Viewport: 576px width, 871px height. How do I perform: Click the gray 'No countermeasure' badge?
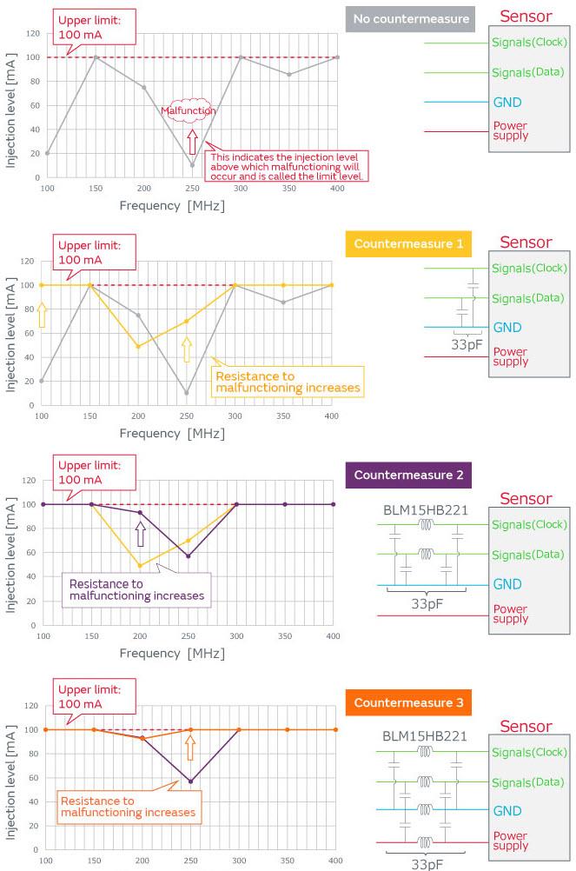[408, 19]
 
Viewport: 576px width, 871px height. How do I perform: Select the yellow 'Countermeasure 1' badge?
[408, 243]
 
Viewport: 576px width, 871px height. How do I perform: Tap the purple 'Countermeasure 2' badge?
[408, 475]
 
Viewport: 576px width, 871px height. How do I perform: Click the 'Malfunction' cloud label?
[188, 110]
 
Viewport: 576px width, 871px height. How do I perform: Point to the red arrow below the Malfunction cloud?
[192, 142]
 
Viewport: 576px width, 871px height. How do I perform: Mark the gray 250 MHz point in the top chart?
[193, 165]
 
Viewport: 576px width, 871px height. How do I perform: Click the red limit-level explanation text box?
[285, 166]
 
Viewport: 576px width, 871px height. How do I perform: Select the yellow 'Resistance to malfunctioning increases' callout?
[288, 382]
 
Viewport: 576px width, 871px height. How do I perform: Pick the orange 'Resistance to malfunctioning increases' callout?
[128, 807]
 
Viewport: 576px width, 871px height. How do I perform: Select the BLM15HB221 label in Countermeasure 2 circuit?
[426, 509]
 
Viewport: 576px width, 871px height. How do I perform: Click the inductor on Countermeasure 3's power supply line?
[426, 842]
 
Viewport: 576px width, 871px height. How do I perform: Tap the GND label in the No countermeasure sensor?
[507, 102]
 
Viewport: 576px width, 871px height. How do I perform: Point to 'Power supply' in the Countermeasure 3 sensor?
[511, 841]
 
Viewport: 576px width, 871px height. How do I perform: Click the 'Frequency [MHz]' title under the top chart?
[171, 206]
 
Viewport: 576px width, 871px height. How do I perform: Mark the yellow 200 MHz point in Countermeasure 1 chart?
[138, 346]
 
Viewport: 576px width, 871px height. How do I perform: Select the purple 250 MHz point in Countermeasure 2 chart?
[189, 556]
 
